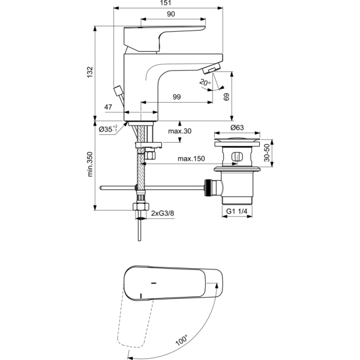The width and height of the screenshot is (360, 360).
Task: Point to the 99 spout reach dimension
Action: pos(177,97)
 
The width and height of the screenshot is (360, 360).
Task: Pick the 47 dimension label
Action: pos(109,107)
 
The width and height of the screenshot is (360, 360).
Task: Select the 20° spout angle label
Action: pos(205,82)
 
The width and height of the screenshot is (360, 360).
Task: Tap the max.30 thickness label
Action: pos(179,131)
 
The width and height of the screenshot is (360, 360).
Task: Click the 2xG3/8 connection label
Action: pos(163,213)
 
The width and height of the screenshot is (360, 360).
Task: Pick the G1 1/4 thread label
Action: pos(237,211)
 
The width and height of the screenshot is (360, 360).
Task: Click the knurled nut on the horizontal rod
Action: pos(209,188)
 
